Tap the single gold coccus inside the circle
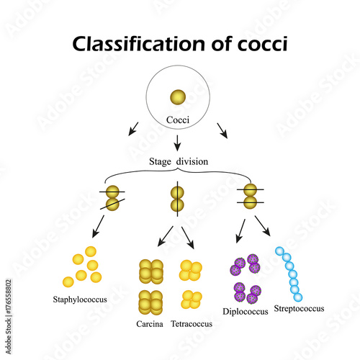coord(176,97)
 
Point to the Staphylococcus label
coord(81,298)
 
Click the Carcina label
coord(149,324)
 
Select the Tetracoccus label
coord(192,324)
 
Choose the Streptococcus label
coord(299,309)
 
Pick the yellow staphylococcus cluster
coord(82,266)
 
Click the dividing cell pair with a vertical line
coord(177,199)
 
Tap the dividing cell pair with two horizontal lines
coord(249,197)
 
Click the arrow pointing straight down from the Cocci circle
coord(177,142)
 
